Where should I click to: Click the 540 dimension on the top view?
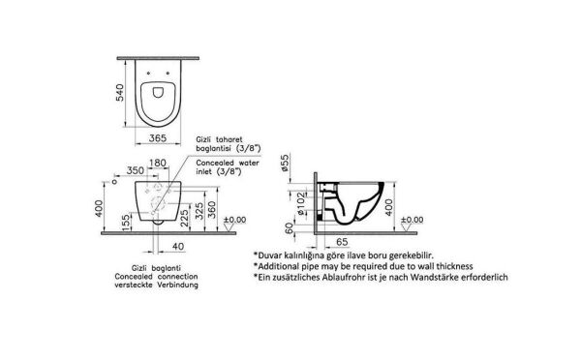[x=120, y=93]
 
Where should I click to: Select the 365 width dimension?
[x=158, y=138]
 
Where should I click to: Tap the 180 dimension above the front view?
[x=158, y=163]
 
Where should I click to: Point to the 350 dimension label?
[x=136, y=170]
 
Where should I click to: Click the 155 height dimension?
[x=126, y=223]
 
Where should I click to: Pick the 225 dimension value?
[x=184, y=219]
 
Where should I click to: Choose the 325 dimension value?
[x=199, y=210]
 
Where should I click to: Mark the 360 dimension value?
[x=211, y=209]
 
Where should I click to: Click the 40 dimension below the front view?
[x=178, y=247]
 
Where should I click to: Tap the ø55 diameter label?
[x=285, y=163]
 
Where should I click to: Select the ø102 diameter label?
[x=301, y=203]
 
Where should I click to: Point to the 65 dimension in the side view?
[x=342, y=242]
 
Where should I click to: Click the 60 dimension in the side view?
[x=290, y=227]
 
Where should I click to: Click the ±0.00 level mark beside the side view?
[x=412, y=220]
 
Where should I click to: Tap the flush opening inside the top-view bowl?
[x=158, y=92]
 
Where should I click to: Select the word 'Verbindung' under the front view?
[x=177, y=285]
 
